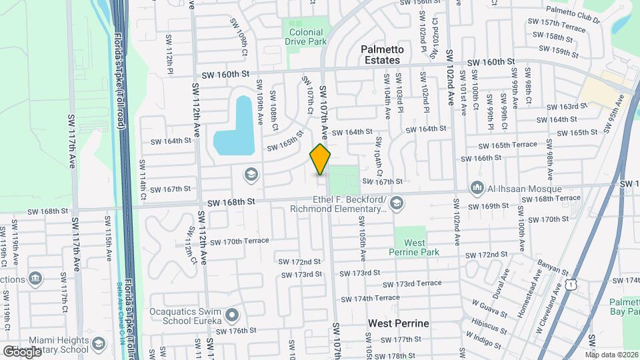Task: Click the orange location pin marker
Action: click(321, 159)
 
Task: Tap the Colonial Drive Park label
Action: click(307, 37)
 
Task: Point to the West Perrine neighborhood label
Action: click(399, 323)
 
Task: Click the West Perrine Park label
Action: click(414, 247)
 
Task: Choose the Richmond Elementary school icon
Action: click(397, 203)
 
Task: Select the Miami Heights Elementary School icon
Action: click(99, 344)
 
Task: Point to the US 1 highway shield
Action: click(569, 285)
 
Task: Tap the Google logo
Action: click(22, 351)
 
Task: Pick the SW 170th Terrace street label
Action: click(238, 241)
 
